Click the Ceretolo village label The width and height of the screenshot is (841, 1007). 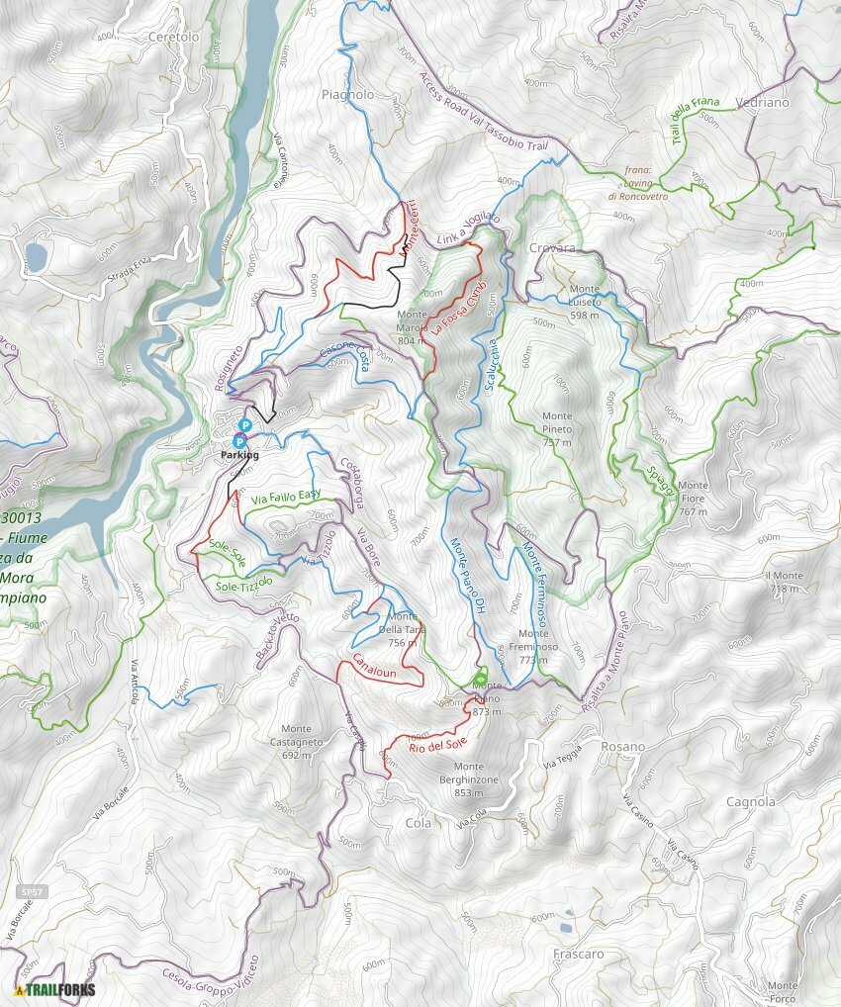coord(172,37)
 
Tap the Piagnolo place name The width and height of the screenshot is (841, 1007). coord(347,95)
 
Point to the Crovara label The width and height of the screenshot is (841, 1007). coord(552,248)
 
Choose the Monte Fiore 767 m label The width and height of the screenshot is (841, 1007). coord(693,499)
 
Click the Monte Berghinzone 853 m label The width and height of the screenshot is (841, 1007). coord(469,773)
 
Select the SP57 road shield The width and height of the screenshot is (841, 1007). coord(33,892)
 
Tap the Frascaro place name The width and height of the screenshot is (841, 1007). coord(579,955)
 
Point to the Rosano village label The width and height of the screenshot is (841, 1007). coord(622,747)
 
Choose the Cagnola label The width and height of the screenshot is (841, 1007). coord(750,801)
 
